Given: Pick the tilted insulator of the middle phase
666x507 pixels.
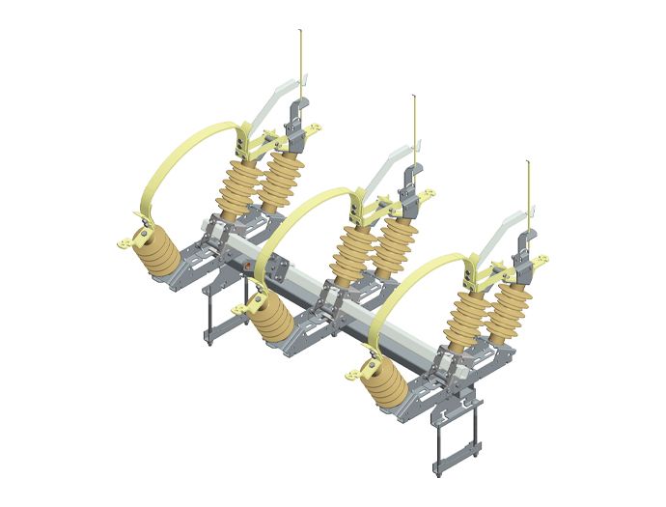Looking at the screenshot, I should point(276,324).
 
